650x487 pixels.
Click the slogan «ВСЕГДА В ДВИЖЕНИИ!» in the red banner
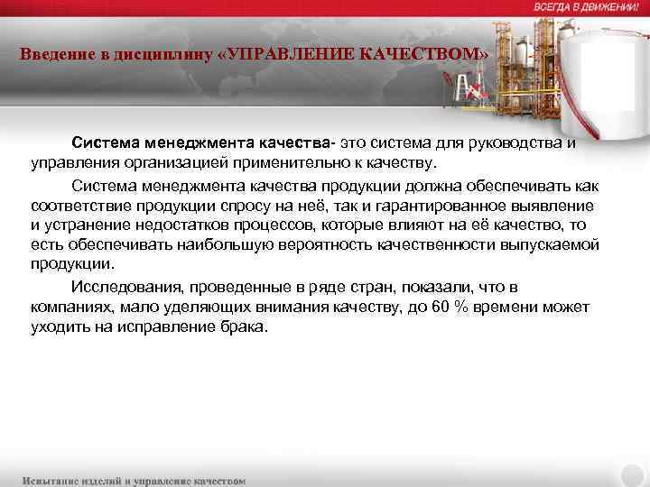click(586, 7)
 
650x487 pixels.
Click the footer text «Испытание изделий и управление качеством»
click(135, 480)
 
